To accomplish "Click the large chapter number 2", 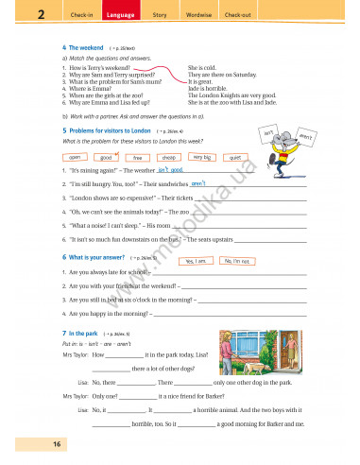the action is pos(17,14).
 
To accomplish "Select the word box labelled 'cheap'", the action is pos(169,157).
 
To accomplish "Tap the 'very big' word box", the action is pos(202,157).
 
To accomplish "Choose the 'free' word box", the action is pos(138,157).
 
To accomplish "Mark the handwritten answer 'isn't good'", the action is pos(169,168).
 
